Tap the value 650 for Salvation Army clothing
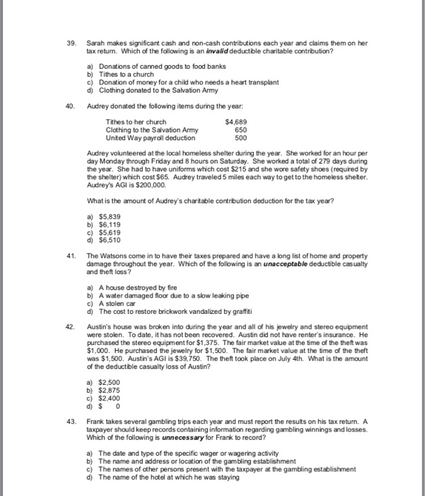tap(240, 130)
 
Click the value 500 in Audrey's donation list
tap(240, 138)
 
